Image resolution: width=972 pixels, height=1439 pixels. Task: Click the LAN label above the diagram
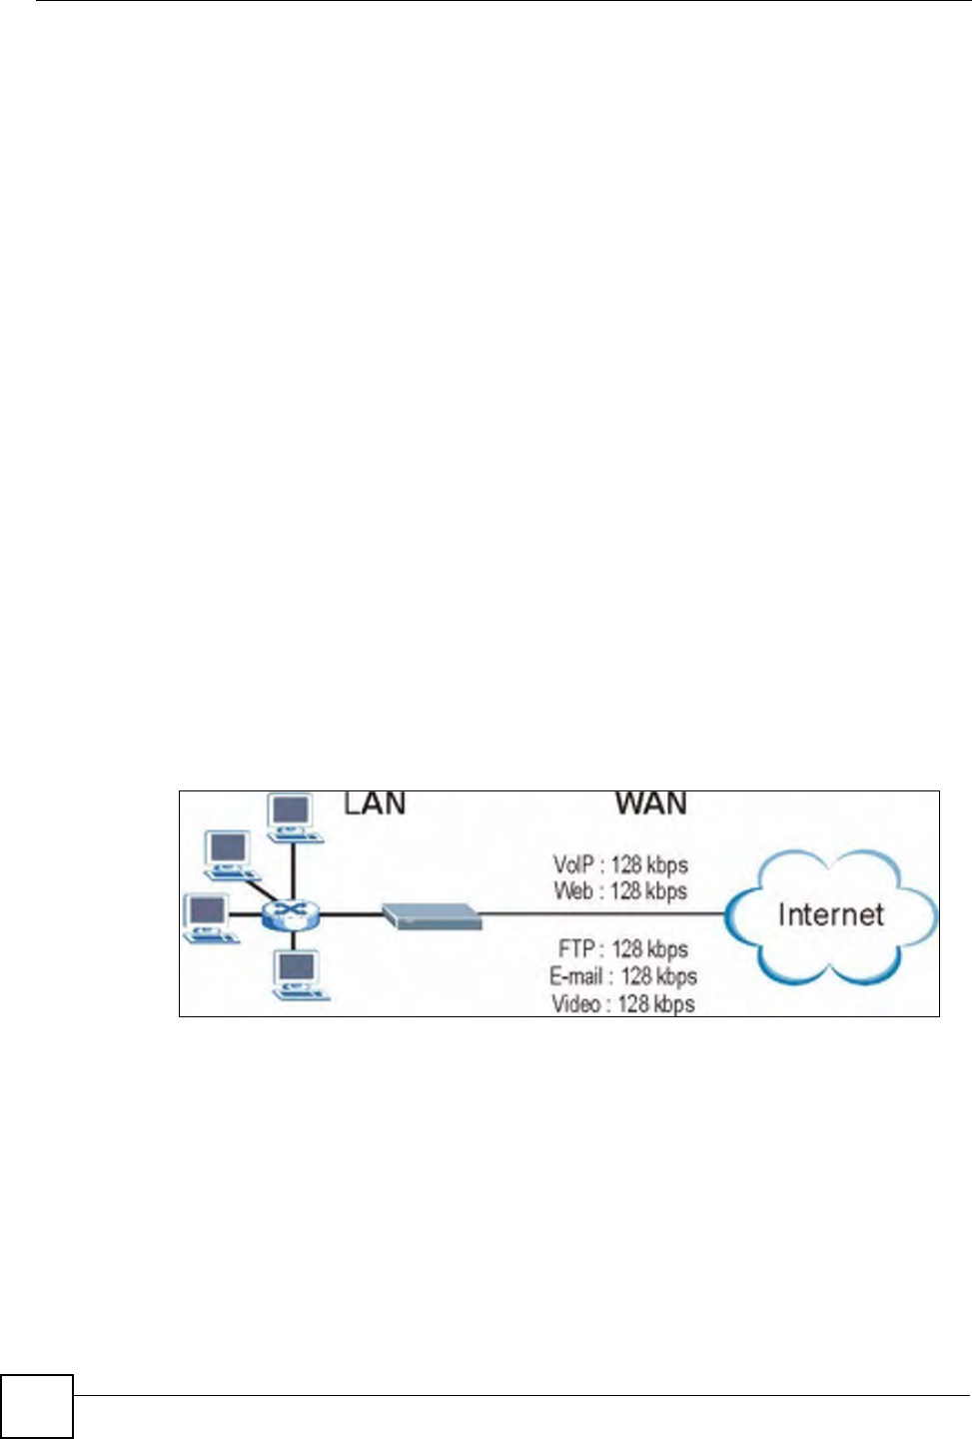point(375,803)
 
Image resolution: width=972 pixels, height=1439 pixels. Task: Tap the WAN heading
point(650,803)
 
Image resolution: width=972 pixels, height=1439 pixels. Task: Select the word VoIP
point(573,864)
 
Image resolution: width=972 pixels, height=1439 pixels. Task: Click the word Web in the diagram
point(573,890)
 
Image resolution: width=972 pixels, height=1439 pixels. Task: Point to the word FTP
point(577,948)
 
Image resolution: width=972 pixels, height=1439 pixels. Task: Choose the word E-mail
point(575,976)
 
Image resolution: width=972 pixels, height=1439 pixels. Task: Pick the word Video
point(575,1003)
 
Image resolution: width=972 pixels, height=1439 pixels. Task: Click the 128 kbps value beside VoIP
point(649,864)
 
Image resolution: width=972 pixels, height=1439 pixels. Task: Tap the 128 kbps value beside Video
point(655,1003)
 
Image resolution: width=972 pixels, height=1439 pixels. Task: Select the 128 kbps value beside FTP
point(649,948)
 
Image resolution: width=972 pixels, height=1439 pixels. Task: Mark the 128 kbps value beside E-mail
point(658,976)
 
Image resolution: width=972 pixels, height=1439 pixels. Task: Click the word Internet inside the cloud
point(830,914)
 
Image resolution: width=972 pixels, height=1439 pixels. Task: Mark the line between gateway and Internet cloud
point(599,913)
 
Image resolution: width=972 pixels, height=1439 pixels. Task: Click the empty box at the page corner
point(37,1406)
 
